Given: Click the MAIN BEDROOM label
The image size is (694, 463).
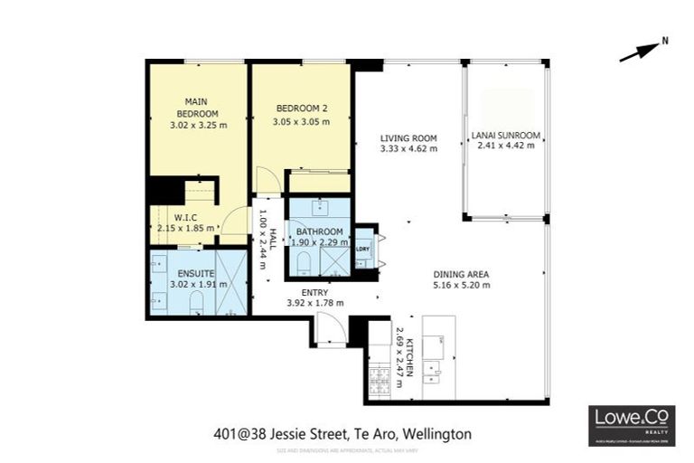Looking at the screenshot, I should point(197,108).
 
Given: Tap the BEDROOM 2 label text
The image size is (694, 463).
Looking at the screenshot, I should point(301,109).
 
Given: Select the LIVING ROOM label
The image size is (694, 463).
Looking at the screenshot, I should point(408,138).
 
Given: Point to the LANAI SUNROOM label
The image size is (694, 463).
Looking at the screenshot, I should point(506,137).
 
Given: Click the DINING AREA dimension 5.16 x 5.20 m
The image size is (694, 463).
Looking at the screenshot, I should point(461,285).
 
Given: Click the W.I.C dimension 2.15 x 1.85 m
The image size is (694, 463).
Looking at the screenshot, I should point(185,228).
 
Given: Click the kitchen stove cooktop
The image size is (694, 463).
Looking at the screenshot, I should point(379,373).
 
